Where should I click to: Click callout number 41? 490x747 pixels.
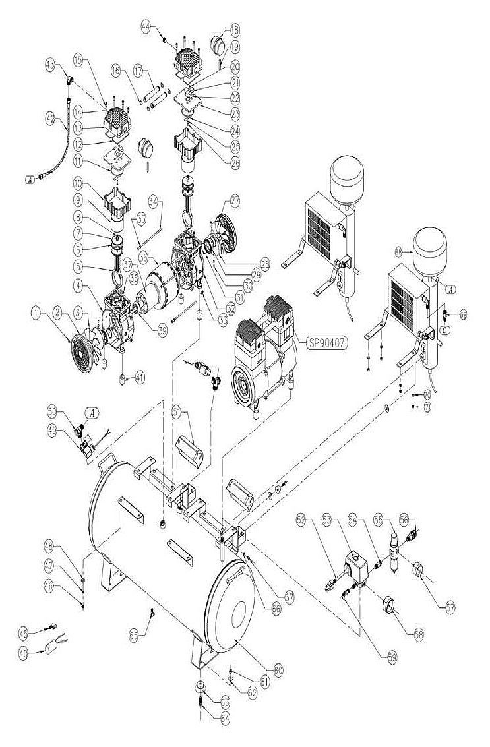[x=139, y=378]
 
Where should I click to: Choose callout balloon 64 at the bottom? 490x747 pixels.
[x=207, y=718]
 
